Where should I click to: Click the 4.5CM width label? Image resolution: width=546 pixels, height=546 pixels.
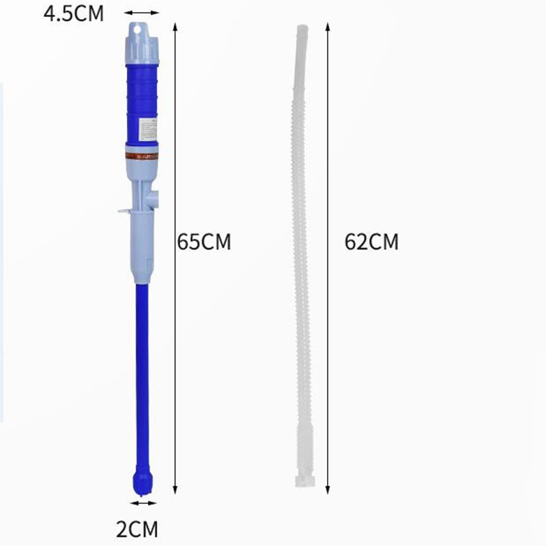[x=74, y=14]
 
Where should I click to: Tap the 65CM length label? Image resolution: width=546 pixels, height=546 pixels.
[x=204, y=242]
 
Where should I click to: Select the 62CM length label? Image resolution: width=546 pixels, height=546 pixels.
[x=371, y=242]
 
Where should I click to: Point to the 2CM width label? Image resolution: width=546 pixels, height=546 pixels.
[x=136, y=529]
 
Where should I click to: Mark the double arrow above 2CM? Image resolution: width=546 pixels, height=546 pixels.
[x=143, y=504]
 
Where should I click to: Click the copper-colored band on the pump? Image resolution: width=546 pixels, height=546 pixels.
[x=142, y=155]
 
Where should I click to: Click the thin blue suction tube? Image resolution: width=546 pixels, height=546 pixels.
[x=143, y=375]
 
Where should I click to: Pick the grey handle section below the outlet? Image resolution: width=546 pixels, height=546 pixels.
[x=143, y=246]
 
